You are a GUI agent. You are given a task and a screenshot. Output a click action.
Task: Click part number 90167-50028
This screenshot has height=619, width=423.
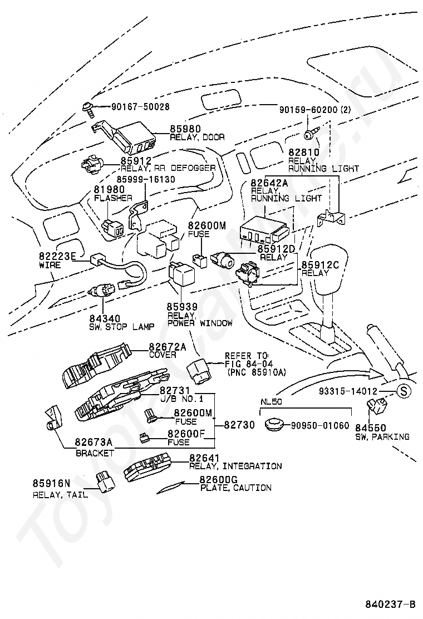(140, 106)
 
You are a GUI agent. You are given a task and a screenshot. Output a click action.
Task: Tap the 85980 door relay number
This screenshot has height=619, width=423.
(185, 129)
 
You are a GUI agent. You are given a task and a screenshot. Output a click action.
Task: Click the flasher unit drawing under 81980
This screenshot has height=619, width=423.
(112, 228)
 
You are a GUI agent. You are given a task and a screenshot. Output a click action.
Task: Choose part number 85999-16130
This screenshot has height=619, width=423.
(146, 179)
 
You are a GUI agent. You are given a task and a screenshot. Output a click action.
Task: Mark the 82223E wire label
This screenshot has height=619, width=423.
(57, 256)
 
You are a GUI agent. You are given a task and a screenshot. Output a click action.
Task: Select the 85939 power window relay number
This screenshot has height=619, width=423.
(182, 307)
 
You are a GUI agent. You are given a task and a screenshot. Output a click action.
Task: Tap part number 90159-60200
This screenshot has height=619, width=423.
(308, 110)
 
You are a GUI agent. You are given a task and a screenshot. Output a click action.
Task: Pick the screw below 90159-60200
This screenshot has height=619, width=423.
(309, 135)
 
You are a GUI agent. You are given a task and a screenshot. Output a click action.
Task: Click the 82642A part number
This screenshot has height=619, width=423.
(269, 183)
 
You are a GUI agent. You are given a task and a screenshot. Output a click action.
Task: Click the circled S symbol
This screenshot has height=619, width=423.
(404, 391)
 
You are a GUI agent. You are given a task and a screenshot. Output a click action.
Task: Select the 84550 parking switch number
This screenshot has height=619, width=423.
(371, 428)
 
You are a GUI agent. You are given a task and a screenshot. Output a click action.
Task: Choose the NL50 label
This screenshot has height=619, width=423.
(271, 402)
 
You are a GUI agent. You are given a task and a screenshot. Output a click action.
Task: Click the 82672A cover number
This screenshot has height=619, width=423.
(168, 347)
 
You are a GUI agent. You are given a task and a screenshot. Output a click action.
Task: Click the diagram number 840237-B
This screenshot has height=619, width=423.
(390, 604)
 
